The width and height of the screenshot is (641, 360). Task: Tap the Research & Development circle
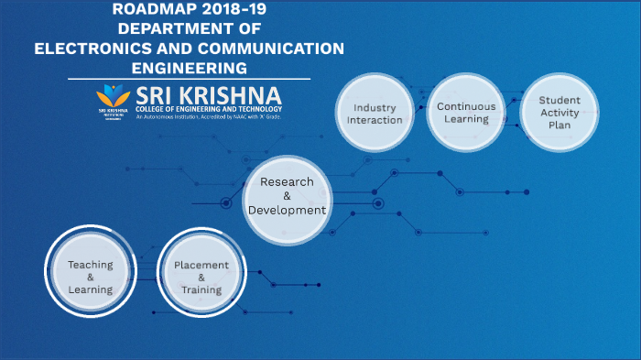[x=286, y=195]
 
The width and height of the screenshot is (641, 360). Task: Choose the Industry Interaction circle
[x=375, y=114]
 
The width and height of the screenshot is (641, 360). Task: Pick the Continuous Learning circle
[x=465, y=113]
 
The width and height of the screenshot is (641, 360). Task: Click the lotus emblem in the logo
[x=114, y=94]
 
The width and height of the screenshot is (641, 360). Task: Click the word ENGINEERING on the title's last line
[x=189, y=68]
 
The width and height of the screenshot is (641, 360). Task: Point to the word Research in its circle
[x=286, y=181]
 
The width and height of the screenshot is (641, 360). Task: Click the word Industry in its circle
[x=375, y=107]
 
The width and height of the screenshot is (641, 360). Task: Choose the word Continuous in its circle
[x=465, y=106]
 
